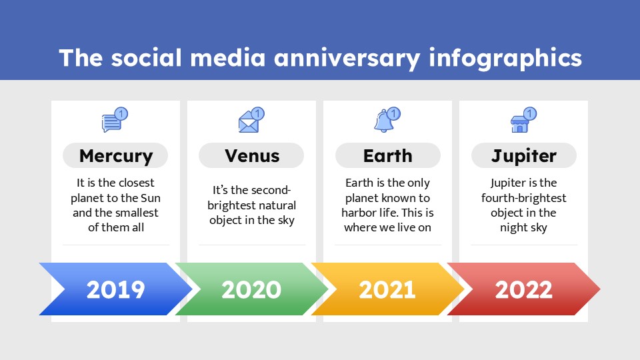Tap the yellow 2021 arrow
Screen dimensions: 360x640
387,289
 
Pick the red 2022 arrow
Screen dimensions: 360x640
523,289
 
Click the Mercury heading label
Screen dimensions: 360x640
115,156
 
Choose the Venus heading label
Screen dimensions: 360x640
251,156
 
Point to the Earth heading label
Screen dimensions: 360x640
387,156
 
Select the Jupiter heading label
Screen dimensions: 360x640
523,156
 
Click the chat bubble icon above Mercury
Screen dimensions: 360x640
112,123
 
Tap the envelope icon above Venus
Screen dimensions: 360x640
248,123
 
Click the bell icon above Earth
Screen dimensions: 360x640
384,122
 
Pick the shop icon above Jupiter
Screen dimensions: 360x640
519,123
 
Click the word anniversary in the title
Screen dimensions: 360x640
348,58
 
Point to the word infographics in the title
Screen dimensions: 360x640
505,58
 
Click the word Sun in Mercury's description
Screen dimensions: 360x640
150,198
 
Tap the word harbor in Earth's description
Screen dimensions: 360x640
360,213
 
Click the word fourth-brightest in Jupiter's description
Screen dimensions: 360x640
523,198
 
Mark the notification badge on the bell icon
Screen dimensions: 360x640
394,113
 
